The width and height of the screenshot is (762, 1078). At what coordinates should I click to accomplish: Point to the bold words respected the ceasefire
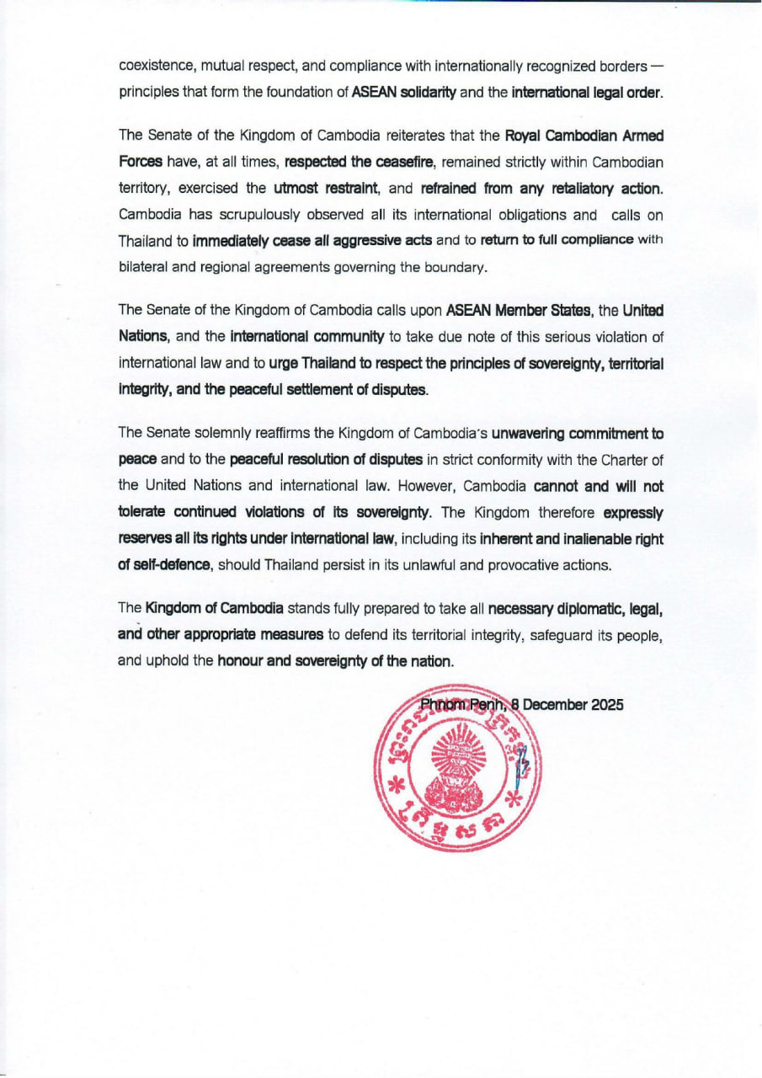[357, 160]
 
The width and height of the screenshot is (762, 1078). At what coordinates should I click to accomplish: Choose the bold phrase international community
[306, 337]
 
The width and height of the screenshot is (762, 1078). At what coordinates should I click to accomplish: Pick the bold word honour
[240, 660]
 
